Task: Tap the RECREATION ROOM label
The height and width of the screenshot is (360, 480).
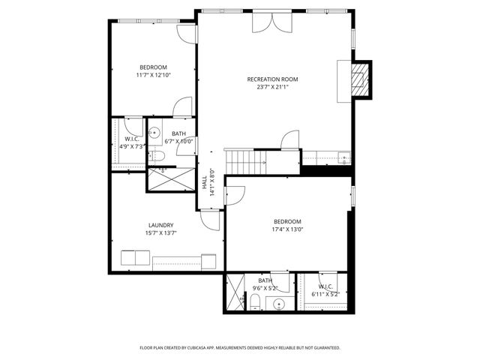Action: tap(273, 79)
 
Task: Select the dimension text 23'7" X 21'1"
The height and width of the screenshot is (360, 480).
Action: tap(273, 87)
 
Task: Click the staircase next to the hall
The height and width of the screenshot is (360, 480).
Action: tap(246, 160)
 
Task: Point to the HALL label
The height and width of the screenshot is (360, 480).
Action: tap(204, 183)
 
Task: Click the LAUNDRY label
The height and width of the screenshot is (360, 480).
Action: tap(161, 225)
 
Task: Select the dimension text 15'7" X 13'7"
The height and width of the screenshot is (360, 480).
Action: tap(161, 233)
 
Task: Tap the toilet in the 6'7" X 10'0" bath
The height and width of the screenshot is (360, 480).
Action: tap(158, 156)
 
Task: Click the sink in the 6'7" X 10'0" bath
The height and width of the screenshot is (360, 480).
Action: tap(154, 133)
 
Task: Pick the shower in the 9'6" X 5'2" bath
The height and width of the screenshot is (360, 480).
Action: tap(235, 293)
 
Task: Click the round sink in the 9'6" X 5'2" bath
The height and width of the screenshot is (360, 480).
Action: tap(279, 304)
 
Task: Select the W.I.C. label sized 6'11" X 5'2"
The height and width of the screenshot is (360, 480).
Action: tap(325, 286)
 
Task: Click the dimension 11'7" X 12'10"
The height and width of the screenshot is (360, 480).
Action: tap(154, 75)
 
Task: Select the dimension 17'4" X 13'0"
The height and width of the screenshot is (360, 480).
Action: tap(287, 230)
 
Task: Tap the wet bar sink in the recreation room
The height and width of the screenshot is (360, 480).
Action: tap(343, 157)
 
